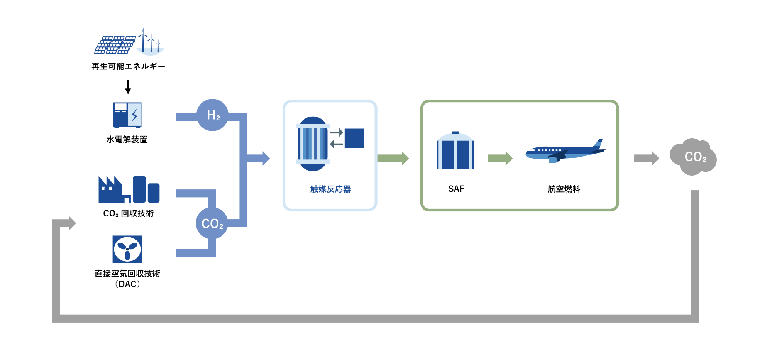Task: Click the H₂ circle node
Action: [x=212, y=115]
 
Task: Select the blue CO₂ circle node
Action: [x=212, y=223]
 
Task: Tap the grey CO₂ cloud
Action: [x=694, y=157]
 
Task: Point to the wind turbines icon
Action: [x=151, y=42]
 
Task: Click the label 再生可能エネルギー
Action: [x=128, y=66]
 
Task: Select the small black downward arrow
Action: [x=128, y=87]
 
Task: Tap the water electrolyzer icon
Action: [x=127, y=115]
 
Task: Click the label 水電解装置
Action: [x=127, y=139]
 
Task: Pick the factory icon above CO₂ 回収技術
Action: [x=129, y=189]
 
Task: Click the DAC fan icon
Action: [x=127, y=249]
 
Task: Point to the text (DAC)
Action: [x=127, y=284]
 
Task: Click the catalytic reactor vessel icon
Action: [x=313, y=144]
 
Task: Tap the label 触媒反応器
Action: [x=330, y=189]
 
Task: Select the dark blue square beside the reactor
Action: [x=354, y=138]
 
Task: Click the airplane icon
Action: [x=565, y=152]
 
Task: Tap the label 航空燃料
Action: [x=564, y=189]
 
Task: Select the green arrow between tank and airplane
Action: [x=500, y=158]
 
